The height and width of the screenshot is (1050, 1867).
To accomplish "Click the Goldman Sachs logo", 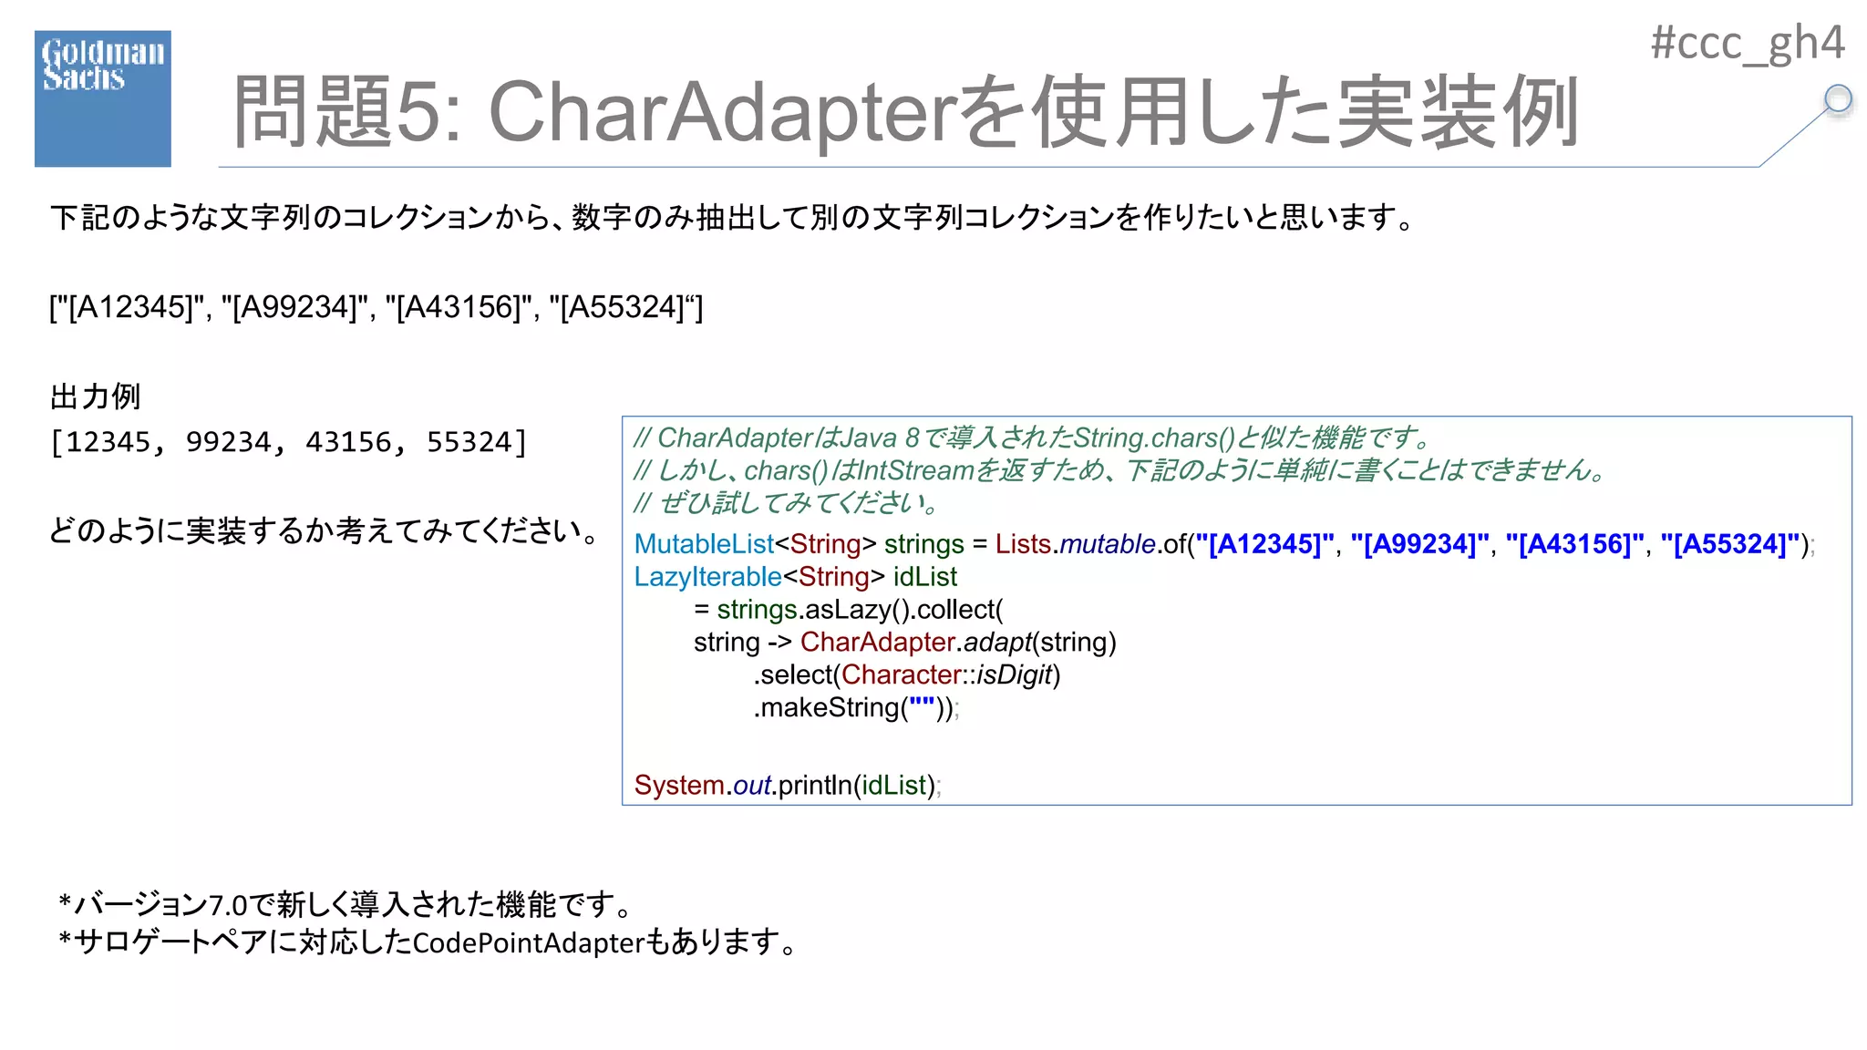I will (102, 98).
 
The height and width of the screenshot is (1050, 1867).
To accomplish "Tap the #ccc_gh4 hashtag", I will (1747, 43).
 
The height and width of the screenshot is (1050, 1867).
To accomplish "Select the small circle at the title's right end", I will (1838, 98).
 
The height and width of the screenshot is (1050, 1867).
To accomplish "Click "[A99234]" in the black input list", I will (294, 307).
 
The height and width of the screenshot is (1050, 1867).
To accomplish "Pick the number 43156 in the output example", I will (349, 442).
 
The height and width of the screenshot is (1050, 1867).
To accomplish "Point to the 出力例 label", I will (95, 396).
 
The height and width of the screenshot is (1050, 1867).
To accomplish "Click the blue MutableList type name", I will (704, 544).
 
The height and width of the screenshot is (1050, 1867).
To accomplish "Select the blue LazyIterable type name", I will (707, 577).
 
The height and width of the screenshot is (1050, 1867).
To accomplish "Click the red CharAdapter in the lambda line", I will (877, 643).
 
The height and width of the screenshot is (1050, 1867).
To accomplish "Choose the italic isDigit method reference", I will (1014, 675).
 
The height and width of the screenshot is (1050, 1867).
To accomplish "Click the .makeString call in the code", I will (826, 708).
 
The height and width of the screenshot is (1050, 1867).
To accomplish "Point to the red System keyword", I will (679, 786).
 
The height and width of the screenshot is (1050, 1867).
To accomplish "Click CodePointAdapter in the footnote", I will (529, 942).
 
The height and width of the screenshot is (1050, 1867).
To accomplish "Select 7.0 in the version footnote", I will (228, 905).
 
